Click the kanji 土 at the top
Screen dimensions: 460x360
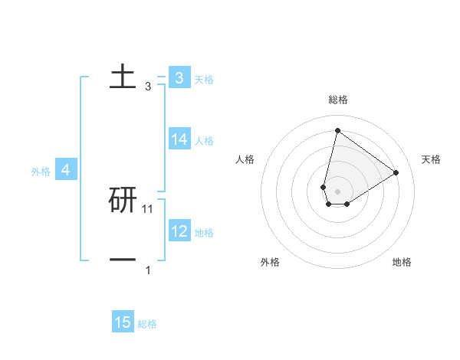(x=123, y=77)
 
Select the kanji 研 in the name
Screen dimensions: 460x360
(x=123, y=200)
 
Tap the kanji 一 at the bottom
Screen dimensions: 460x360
(x=123, y=260)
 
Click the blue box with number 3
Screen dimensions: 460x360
(x=179, y=78)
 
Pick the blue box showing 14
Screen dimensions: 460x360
(x=179, y=139)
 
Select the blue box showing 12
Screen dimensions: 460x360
(x=179, y=231)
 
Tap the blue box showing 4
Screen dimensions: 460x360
(x=66, y=170)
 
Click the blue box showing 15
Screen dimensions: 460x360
(x=123, y=322)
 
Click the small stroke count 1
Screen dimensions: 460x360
(x=148, y=270)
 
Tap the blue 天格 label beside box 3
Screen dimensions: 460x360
(x=204, y=80)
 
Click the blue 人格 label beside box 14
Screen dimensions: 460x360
(x=204, y=141)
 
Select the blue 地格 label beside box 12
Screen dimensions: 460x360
(x=204, y=233)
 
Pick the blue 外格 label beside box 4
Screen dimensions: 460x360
(x=41, y=172)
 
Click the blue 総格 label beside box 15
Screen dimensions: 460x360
(x=147, y=324)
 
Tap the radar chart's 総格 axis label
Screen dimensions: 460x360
(x=338, y=100)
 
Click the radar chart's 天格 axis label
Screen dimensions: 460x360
(x=432, y=159)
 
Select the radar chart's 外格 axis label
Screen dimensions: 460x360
(x=270, y=262)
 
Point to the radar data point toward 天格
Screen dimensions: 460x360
(x=396, y=172)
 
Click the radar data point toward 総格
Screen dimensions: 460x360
(x=337, y=130)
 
